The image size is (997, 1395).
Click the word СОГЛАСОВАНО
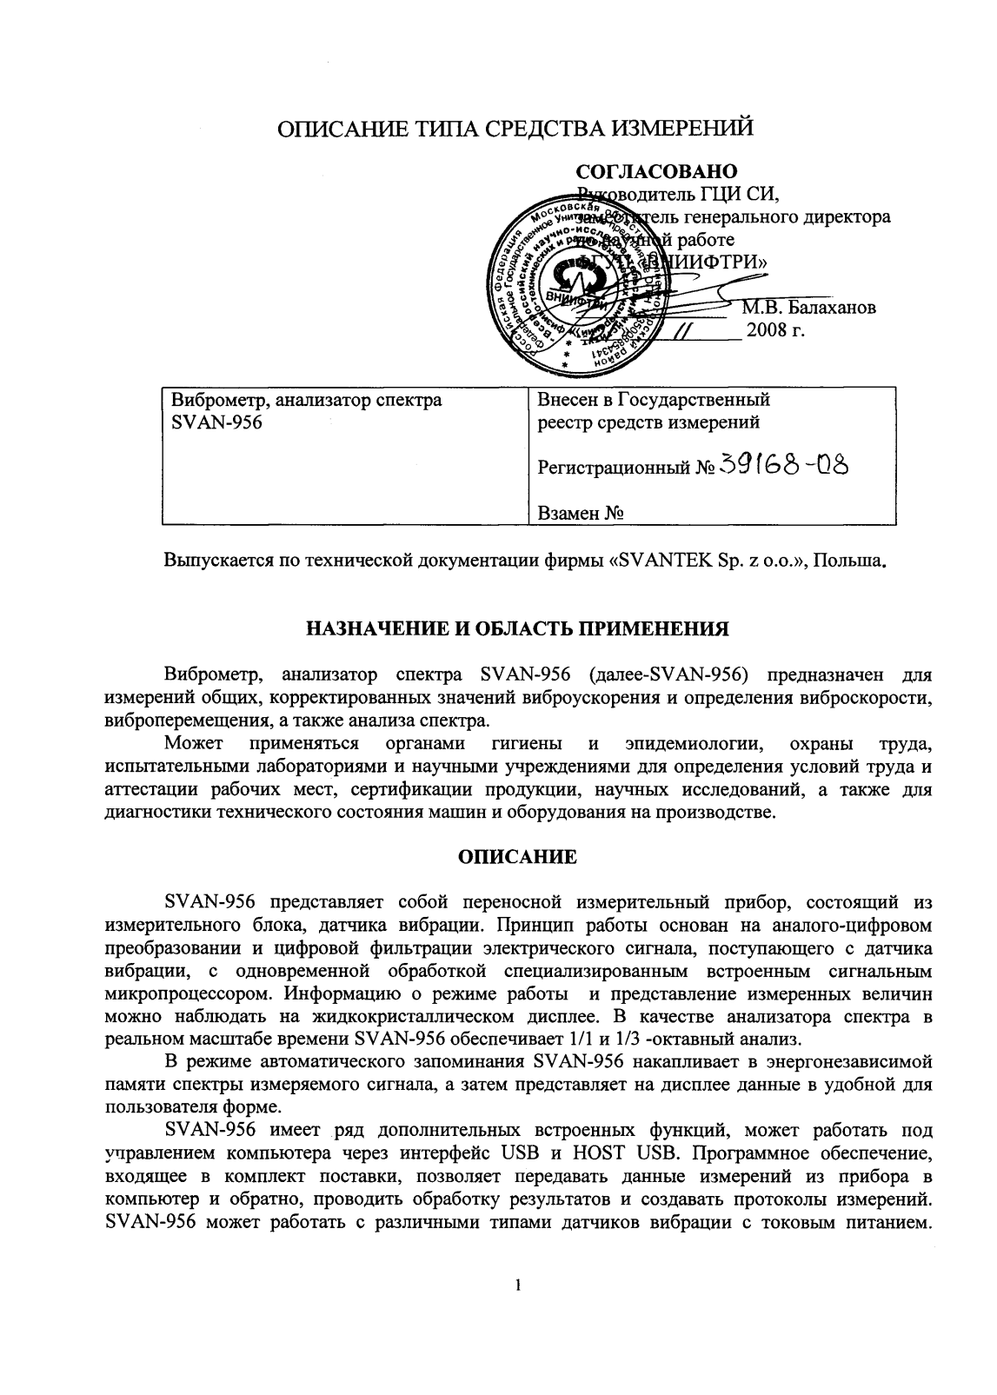pos(656,170)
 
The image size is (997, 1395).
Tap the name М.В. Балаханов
pos(808,307)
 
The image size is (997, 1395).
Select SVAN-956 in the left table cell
pos(216,423)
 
